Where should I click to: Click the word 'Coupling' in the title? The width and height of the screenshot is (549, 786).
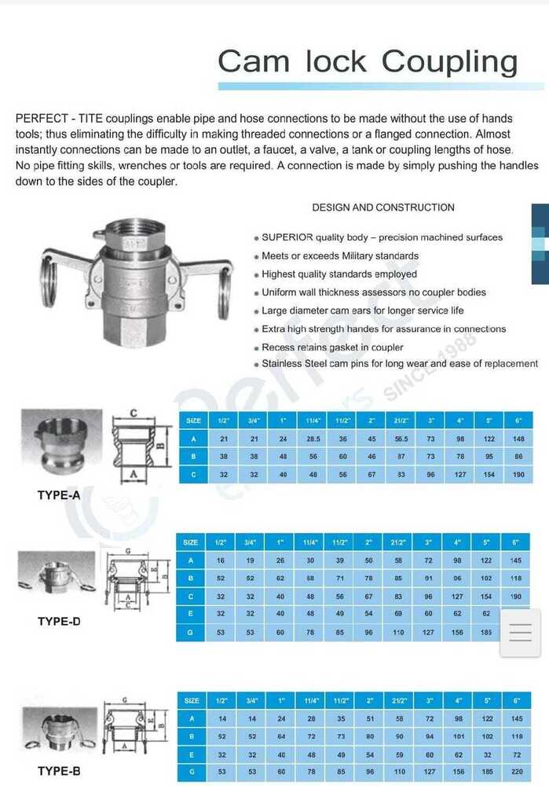click(x=451, y=61)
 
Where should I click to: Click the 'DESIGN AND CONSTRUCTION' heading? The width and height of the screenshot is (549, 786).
click(x=383, y=208)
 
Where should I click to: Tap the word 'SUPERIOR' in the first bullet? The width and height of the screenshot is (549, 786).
click(x=287, y=237)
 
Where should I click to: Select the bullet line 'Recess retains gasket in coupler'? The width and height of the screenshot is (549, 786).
click(x=332, y=347)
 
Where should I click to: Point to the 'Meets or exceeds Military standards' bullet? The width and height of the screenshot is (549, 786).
click(x=340, y=256)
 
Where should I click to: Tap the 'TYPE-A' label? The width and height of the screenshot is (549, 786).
click(x=59, y=496)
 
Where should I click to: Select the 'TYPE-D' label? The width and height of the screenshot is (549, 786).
click(x=59, y=621)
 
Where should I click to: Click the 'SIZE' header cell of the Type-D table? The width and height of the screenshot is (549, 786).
click(x=191, y=542)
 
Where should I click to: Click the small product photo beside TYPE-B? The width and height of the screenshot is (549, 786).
click(x=59, y=725)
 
